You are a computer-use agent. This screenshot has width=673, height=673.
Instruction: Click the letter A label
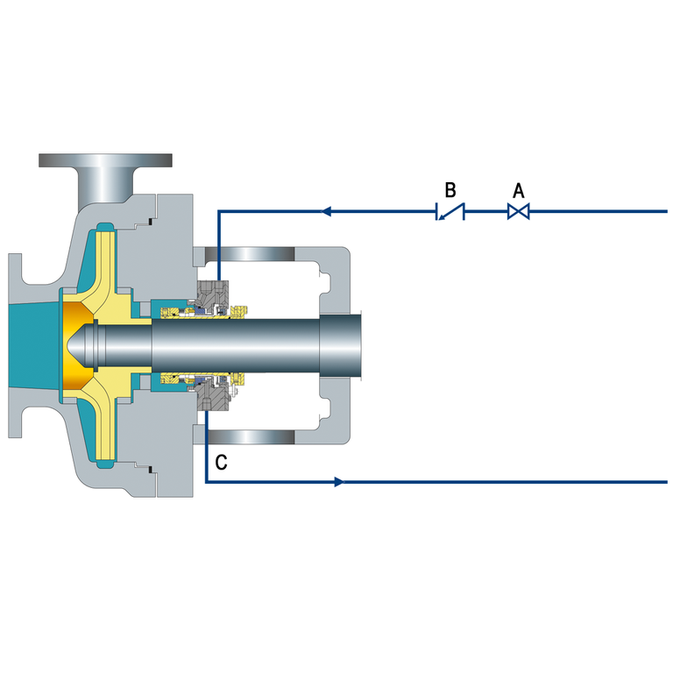coord(519,190)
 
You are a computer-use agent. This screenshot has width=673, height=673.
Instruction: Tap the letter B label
coord(450,189)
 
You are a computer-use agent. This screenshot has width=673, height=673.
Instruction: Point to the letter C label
coord(221,463)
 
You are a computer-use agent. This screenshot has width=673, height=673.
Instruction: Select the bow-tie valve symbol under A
coord(519,211)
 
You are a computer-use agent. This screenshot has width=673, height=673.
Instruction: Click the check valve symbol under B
coord(450,211)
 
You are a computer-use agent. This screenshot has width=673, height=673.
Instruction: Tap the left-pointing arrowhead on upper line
coord(326,211)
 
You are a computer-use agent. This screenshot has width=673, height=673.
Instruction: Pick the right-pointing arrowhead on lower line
coord(339,482)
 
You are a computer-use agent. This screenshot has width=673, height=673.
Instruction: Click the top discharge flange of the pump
coord(105,160)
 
